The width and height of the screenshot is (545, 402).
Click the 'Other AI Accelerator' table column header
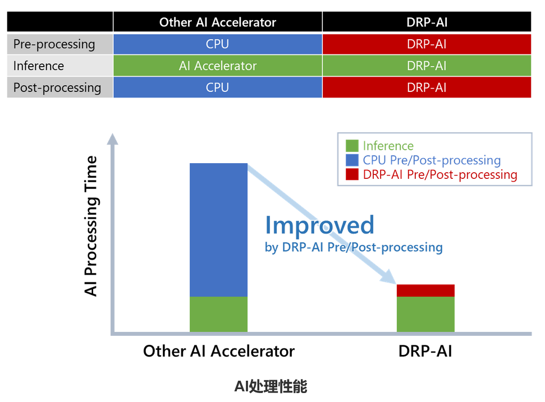point(217,22)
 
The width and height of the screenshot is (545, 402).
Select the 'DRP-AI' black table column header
point(427,22)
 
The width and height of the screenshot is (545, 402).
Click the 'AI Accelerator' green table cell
point(217,66)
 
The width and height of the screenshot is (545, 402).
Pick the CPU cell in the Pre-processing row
point(217,44)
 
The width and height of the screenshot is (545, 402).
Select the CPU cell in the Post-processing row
point(217,87)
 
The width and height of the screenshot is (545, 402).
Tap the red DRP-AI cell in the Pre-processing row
point(427,44)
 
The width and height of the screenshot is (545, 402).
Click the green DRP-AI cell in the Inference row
point(427,66)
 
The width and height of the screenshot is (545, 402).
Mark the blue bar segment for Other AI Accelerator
point(218,229)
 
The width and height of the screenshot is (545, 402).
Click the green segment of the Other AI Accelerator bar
point(218,314)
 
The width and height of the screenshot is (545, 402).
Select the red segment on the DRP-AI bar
point(425,290)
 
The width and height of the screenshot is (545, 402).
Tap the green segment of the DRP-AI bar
point(425,314)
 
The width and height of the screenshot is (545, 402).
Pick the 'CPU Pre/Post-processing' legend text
point(431,160)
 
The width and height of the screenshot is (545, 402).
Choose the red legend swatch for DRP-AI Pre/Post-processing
point(352,174)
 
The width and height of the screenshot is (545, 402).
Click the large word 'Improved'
point(319,225)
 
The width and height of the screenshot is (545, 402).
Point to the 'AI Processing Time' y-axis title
point(91,226)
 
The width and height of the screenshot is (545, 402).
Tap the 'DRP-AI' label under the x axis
point(425,351)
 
